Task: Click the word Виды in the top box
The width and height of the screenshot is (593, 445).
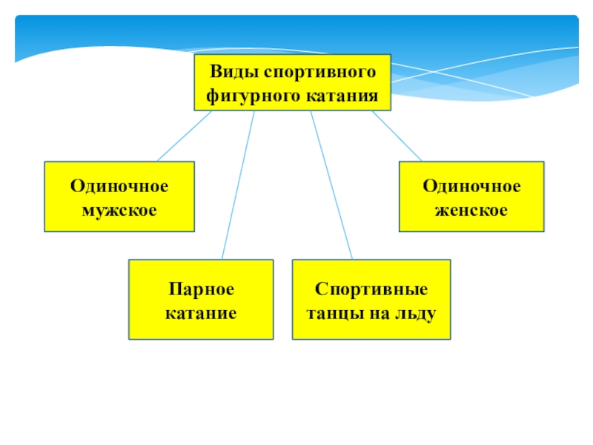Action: (x=233, y=73)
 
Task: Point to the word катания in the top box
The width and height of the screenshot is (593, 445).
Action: (x=340, y=96)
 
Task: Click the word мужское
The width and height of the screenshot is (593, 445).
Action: (x=119, y=210)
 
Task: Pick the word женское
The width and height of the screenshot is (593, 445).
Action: (x=472, y=210)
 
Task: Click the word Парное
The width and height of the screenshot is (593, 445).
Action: (x=201, y=288)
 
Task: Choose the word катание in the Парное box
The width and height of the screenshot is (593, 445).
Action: (x=201, y=312)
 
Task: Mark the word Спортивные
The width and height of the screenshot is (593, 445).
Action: (x=371, y=288)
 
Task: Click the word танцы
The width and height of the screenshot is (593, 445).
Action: (x=334, y=312)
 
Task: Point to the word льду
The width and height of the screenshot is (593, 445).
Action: (x=418, y=312)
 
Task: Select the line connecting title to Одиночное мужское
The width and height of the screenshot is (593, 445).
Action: (x=184, y=136)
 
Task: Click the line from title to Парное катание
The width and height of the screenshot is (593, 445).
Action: (x=238, y=185)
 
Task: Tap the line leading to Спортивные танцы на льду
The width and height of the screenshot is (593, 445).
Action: (x=331, y=185)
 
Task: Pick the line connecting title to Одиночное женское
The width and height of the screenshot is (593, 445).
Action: (x=397, y=136)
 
